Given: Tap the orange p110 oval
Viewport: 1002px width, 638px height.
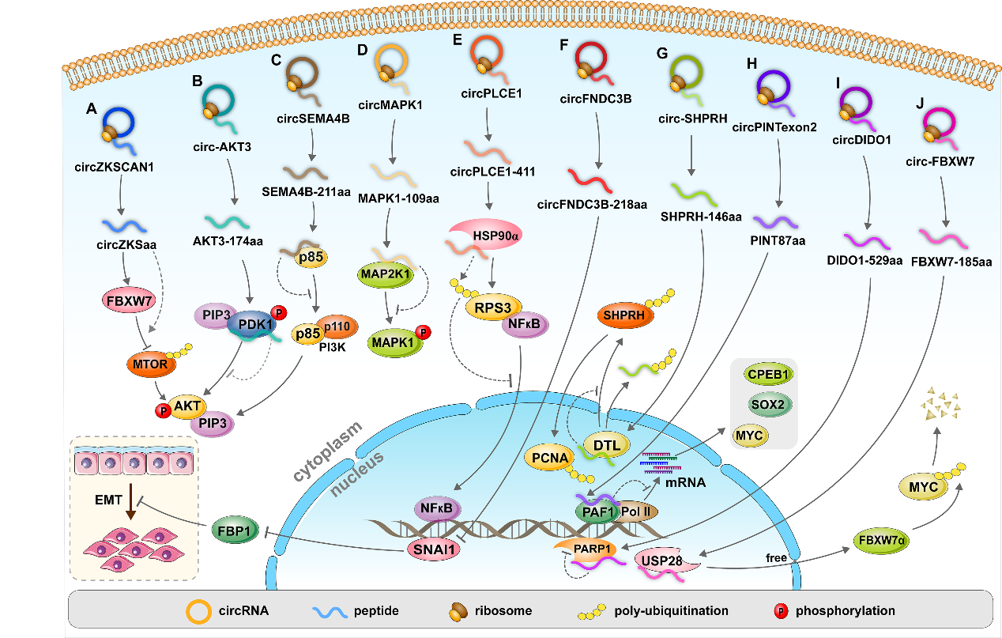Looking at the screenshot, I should click(341, 325).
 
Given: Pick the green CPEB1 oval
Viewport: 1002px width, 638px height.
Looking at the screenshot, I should click(767, 374).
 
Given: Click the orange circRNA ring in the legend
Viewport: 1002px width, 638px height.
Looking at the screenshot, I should click(197, 611).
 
